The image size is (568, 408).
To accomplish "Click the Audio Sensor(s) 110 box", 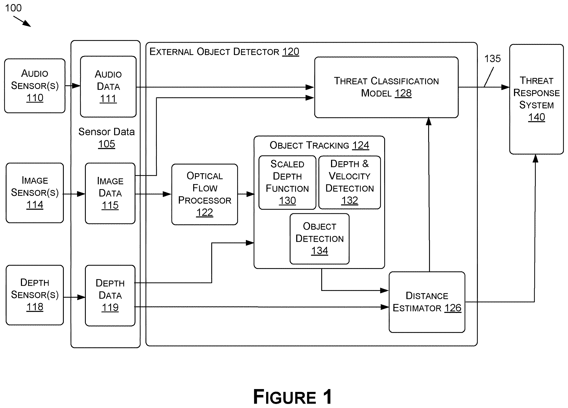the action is tap(35, 86).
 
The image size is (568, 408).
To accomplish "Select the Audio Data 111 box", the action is tap(108, 87).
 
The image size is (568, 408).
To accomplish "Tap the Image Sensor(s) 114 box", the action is tap(35, 193).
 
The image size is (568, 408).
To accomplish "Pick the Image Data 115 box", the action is tap(110, 193).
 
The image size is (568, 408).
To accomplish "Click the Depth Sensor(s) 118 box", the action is tap(35, 295).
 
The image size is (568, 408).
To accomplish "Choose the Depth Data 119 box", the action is tap(110, 296).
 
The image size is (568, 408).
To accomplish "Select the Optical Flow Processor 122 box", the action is tap(205, 194).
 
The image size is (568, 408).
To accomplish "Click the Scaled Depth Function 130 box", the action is tap(287, 182).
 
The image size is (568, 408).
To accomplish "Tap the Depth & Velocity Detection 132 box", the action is tap(350, 182).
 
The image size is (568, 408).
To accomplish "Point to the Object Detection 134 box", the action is tap(319, 239).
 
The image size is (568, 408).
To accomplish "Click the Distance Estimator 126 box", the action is tap(427, 302).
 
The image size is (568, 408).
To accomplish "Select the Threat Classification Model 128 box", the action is tap(386, 87).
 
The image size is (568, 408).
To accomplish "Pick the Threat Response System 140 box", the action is tap(536, 99).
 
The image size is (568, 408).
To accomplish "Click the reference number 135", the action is tap(492, 59).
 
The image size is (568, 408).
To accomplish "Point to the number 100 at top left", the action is tap(13, 8).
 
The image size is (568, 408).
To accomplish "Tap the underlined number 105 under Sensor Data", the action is tap(107, 144).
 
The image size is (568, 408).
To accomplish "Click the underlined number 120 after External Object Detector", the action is tap(291, 52).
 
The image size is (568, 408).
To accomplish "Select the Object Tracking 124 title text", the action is tap(319, 145).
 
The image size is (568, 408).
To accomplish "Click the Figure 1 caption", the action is tap(292, 397).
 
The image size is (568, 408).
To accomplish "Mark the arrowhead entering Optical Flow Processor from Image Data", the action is tap(167, 194).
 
